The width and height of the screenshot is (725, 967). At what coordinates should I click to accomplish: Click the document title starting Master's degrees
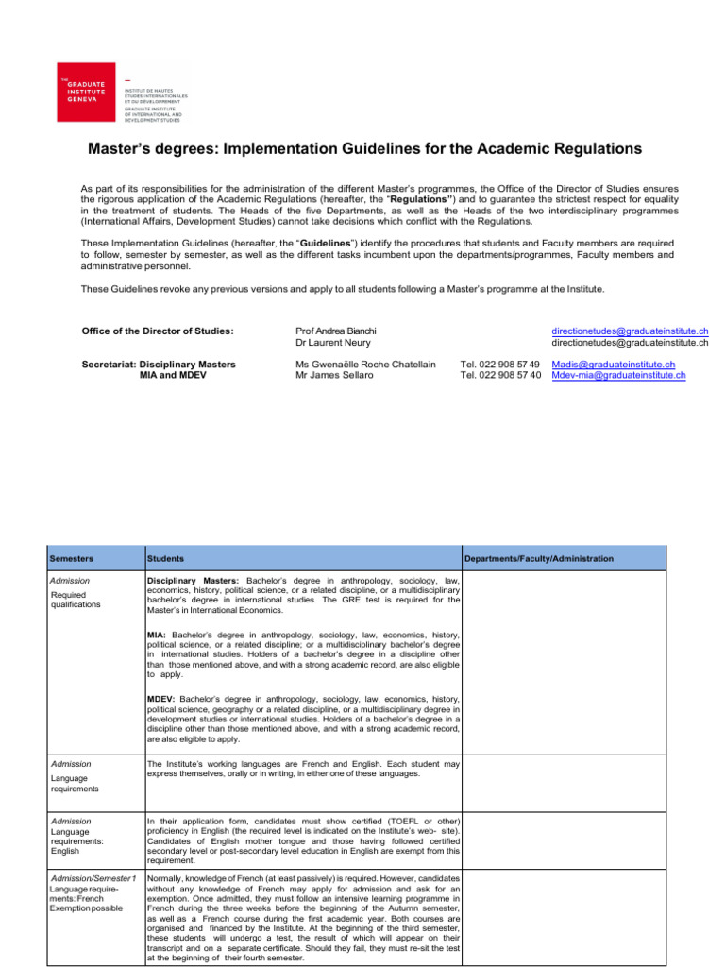pyautogui.click(x=364, y=149)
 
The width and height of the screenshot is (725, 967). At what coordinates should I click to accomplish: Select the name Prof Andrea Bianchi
pyautogui.click(x=336, y=331)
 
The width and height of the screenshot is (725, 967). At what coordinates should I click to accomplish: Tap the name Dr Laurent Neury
pyautogui.click(x=330, y=342)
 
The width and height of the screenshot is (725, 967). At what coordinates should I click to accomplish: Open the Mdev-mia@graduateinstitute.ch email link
pyautogui.click(x=617, y=375)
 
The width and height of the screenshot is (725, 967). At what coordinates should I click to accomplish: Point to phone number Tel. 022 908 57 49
pyautogui.click(x=499, y=365)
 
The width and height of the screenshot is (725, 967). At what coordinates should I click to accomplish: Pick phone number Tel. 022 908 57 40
pyautogui.click(x=499, y=375)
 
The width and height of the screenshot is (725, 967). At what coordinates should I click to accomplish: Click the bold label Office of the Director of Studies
pyautogui.click(x=159, y=331)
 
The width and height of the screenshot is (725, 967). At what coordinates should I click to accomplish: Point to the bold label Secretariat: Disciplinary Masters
pyautogui.click(x=160, y=365)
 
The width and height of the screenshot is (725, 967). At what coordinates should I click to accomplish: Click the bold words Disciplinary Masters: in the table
pyautogui.click(x=194, y=579)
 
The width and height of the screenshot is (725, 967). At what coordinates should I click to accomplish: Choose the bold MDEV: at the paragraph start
pyautogui.click(x=161, y=699)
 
